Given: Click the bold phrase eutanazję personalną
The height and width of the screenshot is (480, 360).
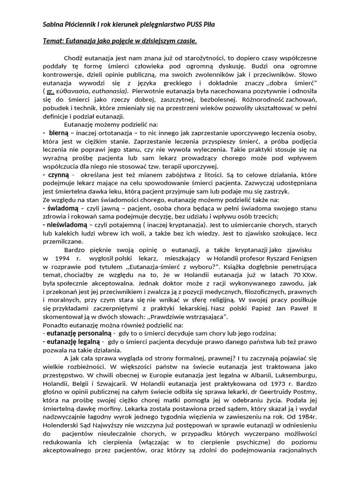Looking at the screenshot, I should [77, 332].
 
